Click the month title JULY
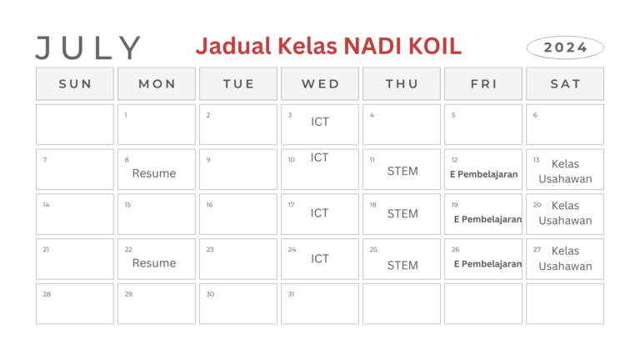pyautogui.click(x=88, y=47)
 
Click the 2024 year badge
pyautogui.click(x=565, y=47)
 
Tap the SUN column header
pyautogui.click(x=75, y=83)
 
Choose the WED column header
pyautogui.click(x=320, y=83)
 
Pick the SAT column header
pyautogui.click(x=565, y=83)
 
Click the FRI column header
pyautogui.click(x=483, y=83)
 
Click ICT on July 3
pyautogui.click(x=320, y=122)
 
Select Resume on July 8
pyautogui.click(x=154, y=173)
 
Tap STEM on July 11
pyautogui.click(x=402, y=171)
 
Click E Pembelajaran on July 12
pyautogui.click(x=484, y=175)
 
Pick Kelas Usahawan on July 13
pyautogui.click(x=565, y=171)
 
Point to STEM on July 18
pyautogui.click(x=402, y=213)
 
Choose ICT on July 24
pyautogui.click(x=320, y=258)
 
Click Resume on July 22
pyautogui.click(x=154, y=262)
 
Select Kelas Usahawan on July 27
pyautogui.click(x=565, y=258)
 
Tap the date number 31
pyautogui.click(x=292, y=294)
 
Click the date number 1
pyautogui.click(x=126, y=115)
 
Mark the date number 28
pyautogui.click(x=47, y=294)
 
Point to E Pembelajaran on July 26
pyautogui.click(x=487, y=264)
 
